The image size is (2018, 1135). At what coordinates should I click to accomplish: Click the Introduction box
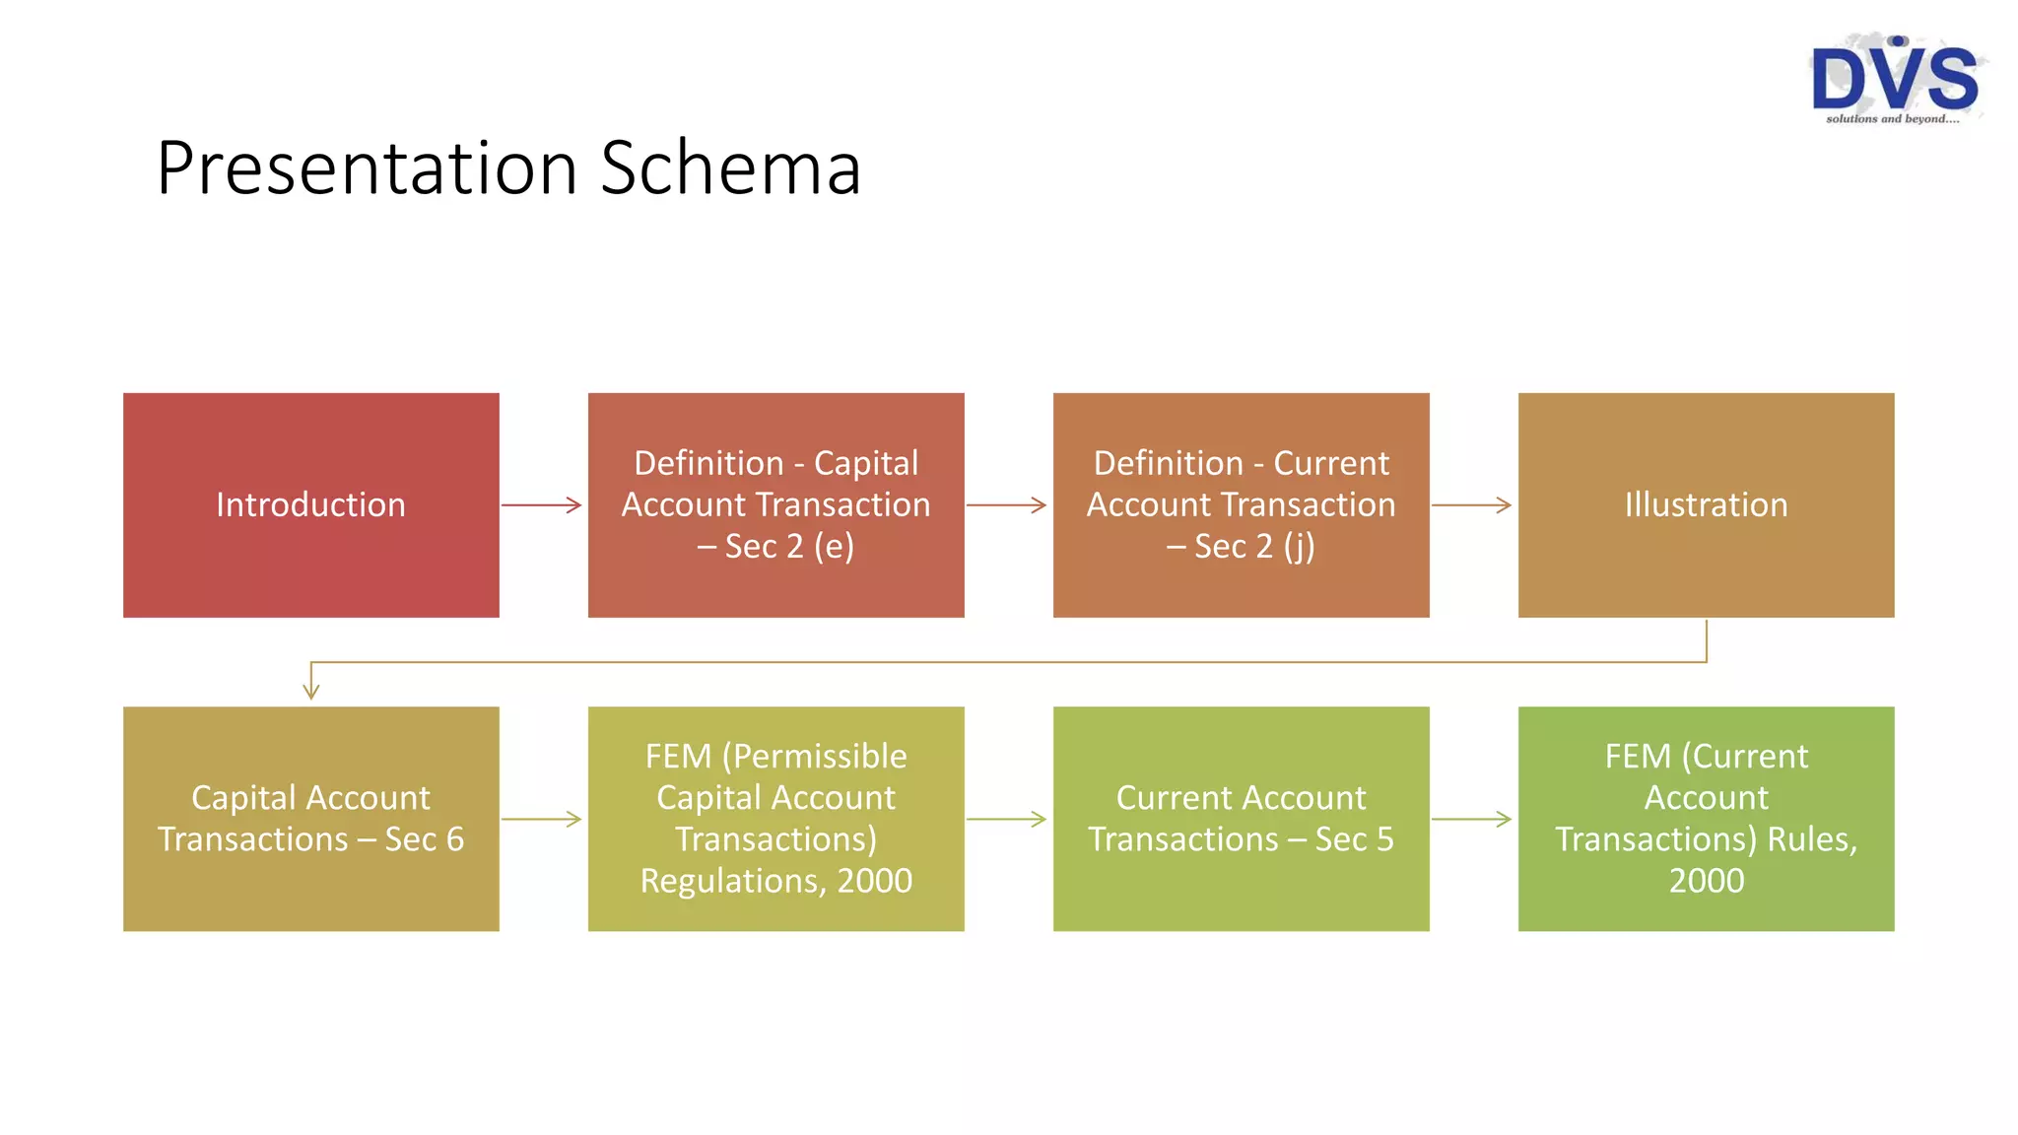(x=310, y=504)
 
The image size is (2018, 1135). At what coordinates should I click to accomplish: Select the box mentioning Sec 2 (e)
(x=775, y=504)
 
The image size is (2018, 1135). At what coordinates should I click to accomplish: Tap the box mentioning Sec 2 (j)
(x=1241, y=504)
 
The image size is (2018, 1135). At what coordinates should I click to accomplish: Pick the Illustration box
(x=1706, y=504)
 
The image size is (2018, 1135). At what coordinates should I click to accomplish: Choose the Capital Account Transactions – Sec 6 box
(x=310, y=818)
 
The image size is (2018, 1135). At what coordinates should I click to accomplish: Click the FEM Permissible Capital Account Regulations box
(x=775, y=818)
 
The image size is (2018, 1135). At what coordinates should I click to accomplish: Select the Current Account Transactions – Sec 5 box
(x=1241, y=818)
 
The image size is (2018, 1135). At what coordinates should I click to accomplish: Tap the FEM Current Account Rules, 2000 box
(x=1706, y=818)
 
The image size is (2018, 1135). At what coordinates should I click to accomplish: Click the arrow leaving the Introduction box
(x=542, y=505)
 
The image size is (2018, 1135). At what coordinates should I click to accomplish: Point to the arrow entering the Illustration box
(x=1472, y=505)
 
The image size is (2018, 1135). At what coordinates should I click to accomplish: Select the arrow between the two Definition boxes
(x=1007, y=505)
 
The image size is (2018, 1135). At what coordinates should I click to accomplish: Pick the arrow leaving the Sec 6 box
(x=542, y=819)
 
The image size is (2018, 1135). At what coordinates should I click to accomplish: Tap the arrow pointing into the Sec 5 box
(x=1007, y=819)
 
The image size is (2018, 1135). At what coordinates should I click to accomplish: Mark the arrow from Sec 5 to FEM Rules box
(x=1472, y=819)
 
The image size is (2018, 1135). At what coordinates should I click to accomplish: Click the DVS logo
(x=1894, y=77)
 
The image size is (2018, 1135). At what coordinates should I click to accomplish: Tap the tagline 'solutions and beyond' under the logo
(x=1892, y=119)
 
